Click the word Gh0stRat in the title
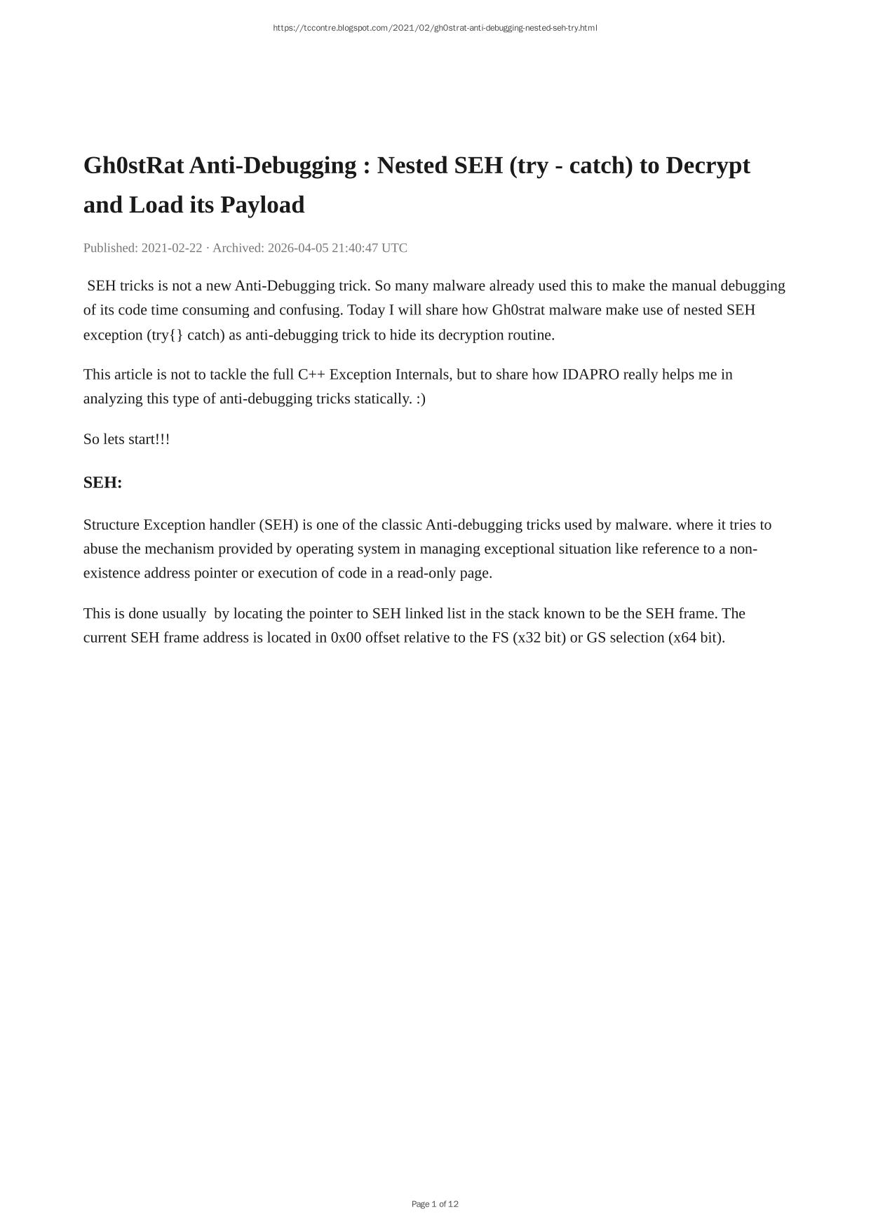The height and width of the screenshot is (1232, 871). click(x=133, y=166)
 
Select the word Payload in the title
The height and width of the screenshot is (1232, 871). click(x=264, y=205)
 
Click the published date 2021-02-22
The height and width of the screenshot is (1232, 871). click(x=172, y=248)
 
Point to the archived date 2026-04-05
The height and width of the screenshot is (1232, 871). click(x=298, y=248)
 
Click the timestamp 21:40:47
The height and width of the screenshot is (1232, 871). click(x=355, y=248)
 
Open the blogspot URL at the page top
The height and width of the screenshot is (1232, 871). click(x=435, y=28)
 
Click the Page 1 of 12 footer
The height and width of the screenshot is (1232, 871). click(x=435, y=1204)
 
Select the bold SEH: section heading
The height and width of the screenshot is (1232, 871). click(x=102, y=483)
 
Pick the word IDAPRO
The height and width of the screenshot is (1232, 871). click(x=590, y=375)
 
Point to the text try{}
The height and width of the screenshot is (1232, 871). click(x=167, y=335)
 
